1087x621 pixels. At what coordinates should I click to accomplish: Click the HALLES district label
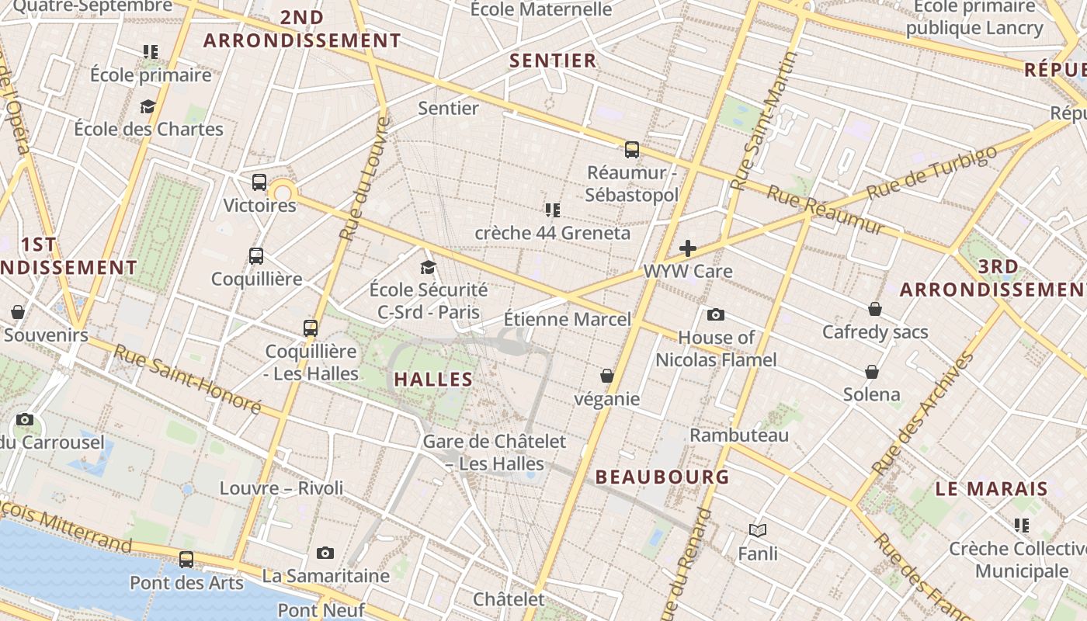point(433,380)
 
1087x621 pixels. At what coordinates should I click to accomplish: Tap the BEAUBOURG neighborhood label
point(662,477)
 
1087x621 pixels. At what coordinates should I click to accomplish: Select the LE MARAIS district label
point(991,489)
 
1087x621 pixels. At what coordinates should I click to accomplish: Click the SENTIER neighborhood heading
point(553,61)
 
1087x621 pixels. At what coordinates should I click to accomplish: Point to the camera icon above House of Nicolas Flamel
point(716,314)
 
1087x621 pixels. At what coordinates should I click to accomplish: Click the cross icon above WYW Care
point(688,248)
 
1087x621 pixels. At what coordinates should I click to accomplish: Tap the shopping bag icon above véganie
point(607,376)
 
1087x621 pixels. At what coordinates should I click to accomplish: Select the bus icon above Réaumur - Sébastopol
point(632,149)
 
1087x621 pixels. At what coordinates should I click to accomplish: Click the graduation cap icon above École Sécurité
point(428,267)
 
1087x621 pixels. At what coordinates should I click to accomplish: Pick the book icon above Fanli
point(758,530)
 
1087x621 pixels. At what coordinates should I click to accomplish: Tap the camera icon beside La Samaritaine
point(325,553)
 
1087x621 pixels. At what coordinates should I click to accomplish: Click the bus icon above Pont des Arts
point(186,559)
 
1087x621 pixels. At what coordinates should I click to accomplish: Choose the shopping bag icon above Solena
point(872,371)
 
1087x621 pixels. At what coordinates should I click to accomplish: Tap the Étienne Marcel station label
point(567,319)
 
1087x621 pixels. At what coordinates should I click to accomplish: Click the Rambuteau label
point(738,435)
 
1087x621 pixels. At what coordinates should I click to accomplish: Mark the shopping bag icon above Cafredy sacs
point(875,309)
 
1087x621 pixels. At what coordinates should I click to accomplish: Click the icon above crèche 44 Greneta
point(553,210)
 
